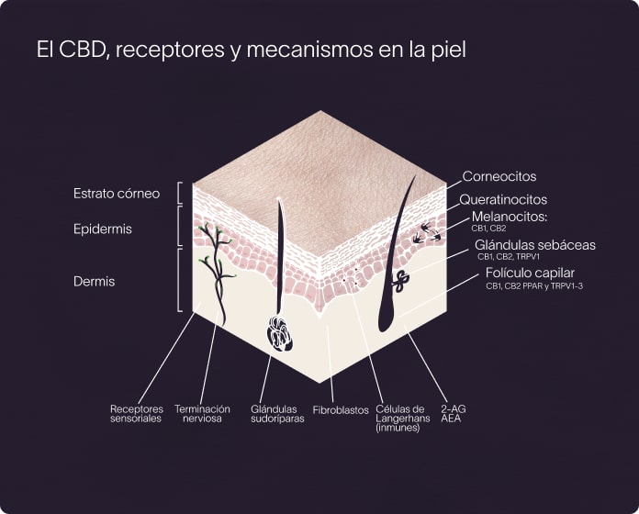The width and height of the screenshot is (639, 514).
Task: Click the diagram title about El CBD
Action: [251, 50]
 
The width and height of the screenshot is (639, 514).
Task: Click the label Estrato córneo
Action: [117, 194]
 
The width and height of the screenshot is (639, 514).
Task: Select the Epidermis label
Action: [103, 229]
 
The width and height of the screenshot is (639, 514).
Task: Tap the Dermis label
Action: [94, 281]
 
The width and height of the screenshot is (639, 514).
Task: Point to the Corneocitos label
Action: [499, 176]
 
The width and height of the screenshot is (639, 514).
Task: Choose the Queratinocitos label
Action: [503, 199]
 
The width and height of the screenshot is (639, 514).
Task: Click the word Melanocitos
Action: [509, 217]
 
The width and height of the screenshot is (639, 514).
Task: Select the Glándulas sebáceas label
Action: [535, 245]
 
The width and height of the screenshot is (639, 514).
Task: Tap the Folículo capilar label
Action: [530, 273]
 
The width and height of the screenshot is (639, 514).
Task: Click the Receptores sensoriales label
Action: [136, 413]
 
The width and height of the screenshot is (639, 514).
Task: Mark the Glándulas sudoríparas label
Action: [277, 413]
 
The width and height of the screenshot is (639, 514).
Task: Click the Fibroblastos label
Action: [341, 408]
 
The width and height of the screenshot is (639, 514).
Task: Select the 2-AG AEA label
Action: [453, 413]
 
